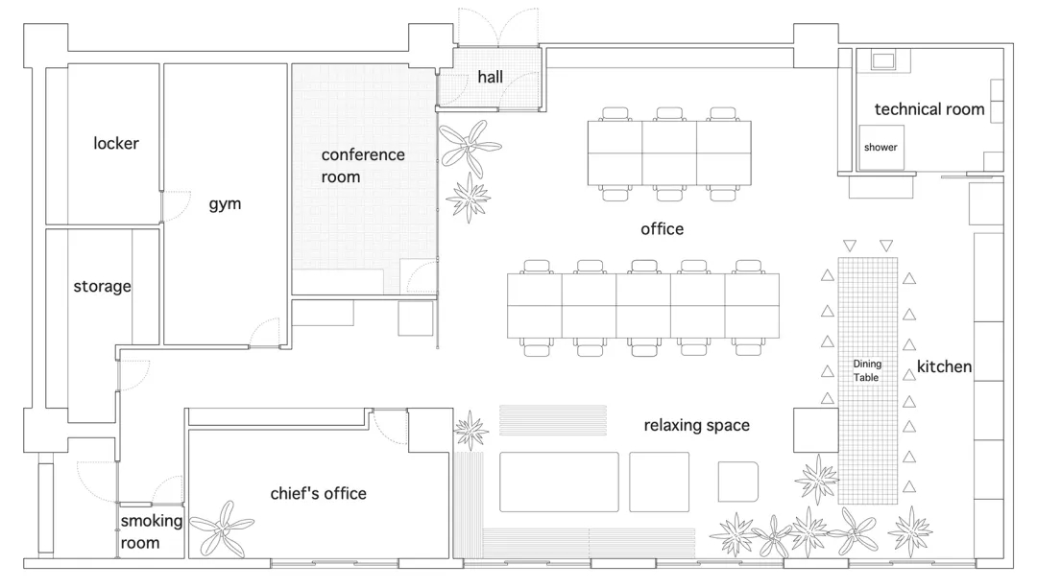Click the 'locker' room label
[116, 143]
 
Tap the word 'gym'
[225, 204]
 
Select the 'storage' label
[102, 286]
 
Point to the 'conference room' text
[362, 166]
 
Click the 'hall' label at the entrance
[490, 78]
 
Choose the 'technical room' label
[929, 109]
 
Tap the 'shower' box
[880, 148]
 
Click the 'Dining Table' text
[866, 370]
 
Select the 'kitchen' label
[945, 366]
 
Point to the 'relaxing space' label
[696, 425]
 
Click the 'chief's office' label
[318, 494]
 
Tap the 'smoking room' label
[152, 531]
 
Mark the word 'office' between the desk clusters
[662, 229]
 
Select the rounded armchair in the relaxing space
[738, 482]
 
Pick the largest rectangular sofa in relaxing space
[559, 482]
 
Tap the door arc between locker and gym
[176, 206]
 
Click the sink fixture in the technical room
[882, 61]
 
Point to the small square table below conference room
[416, 318]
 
